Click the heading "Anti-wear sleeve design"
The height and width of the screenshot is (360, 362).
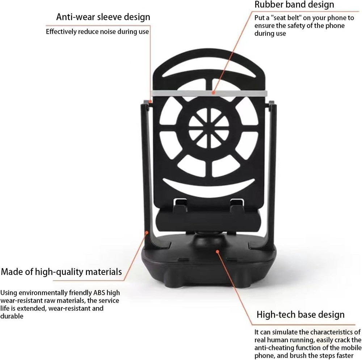pyautogui.click(x=103, y=17)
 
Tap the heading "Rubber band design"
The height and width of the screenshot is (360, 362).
pyautogui.click(x=294, y=4)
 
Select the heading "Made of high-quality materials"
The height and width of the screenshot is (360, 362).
pyautogui.click(x=62, y=272)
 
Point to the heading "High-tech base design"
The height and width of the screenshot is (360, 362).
pyautogui.click(x=300, y=315)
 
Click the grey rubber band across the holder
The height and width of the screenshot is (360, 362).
pyautogui.click(x=209, y=93)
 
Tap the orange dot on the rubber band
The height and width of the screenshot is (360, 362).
pyautogui.click(x=214, y=93)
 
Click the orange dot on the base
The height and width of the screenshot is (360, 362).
pyautogui.click(x=217, y=251)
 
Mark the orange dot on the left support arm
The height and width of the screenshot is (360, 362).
pyautogui.click(x=146, y=233)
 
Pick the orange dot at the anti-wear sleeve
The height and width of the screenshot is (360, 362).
pyautogui.click(x=150, y=101)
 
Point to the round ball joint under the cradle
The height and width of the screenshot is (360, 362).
pyautogui.click(x=209, y=241)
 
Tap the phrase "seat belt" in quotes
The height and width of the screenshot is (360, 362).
pyautogui.click(x=286, y=18)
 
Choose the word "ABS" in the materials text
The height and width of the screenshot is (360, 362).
pyautogui.click(x=99, y=293)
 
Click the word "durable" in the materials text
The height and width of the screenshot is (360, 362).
pyautogui.click(x=12, y=316)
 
